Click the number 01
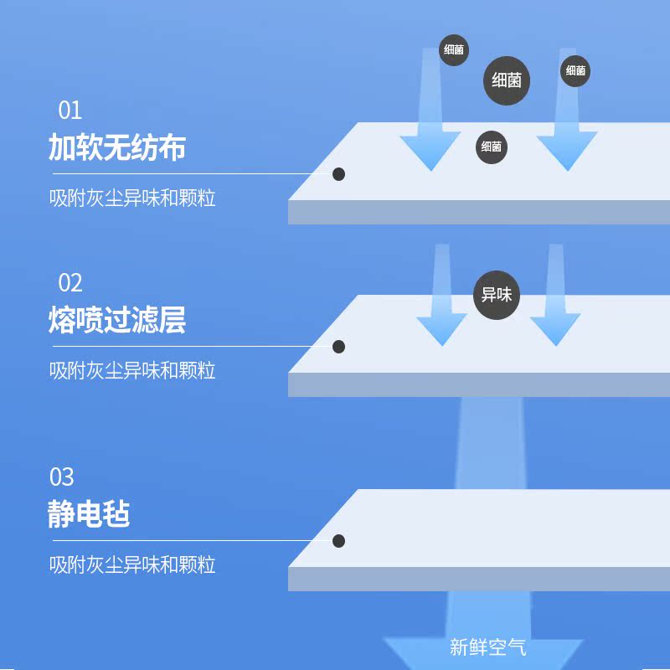click(x=70, y=111)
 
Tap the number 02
click(x=70, y=282)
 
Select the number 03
click(x=62, y=477)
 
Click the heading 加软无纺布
click(x=116, y=147)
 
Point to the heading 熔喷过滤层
click(x=116, y=320)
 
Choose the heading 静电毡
click(x=89, y=514)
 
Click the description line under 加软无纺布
click(x=132, y=198)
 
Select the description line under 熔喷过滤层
click(x=132, y=370)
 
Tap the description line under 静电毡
click(x=132, y=564)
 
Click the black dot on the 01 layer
click(x=339, y=174)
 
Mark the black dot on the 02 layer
click(x=339, y=346)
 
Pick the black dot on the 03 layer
click(x=339, y=541)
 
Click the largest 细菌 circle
click(x=507, y=81)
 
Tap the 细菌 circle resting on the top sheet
click(x=492, y=147)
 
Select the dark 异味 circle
click(x=497, y=295)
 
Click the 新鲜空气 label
click(x=487, y=647)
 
